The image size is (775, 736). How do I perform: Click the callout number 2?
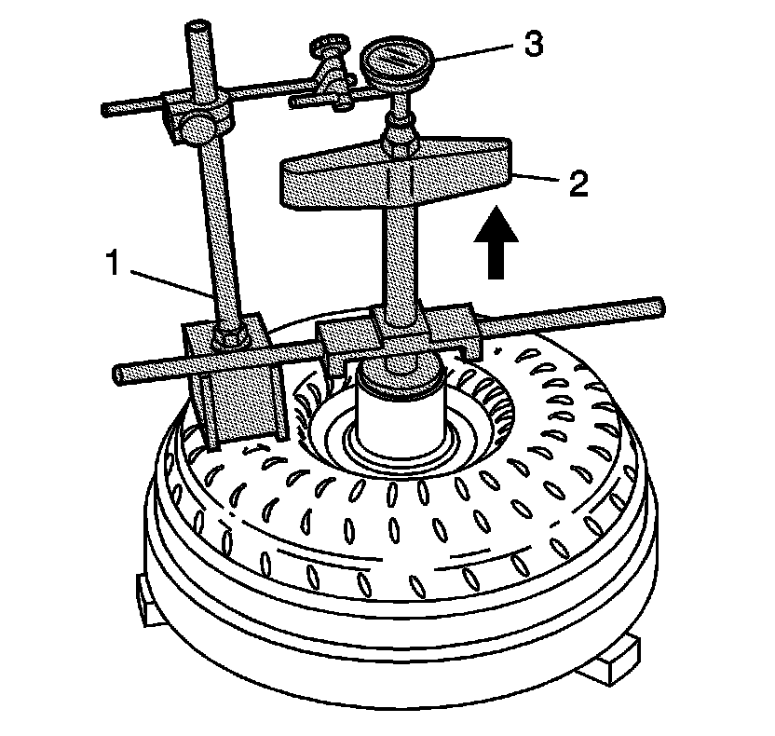coord(578,183)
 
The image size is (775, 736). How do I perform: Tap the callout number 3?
coord(532,44)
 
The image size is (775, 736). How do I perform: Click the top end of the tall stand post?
coord(200,28)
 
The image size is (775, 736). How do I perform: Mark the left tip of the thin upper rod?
coord(105,109)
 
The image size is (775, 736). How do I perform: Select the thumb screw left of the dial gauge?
coord(329,47)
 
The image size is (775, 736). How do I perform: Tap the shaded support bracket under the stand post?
coord(244,391)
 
